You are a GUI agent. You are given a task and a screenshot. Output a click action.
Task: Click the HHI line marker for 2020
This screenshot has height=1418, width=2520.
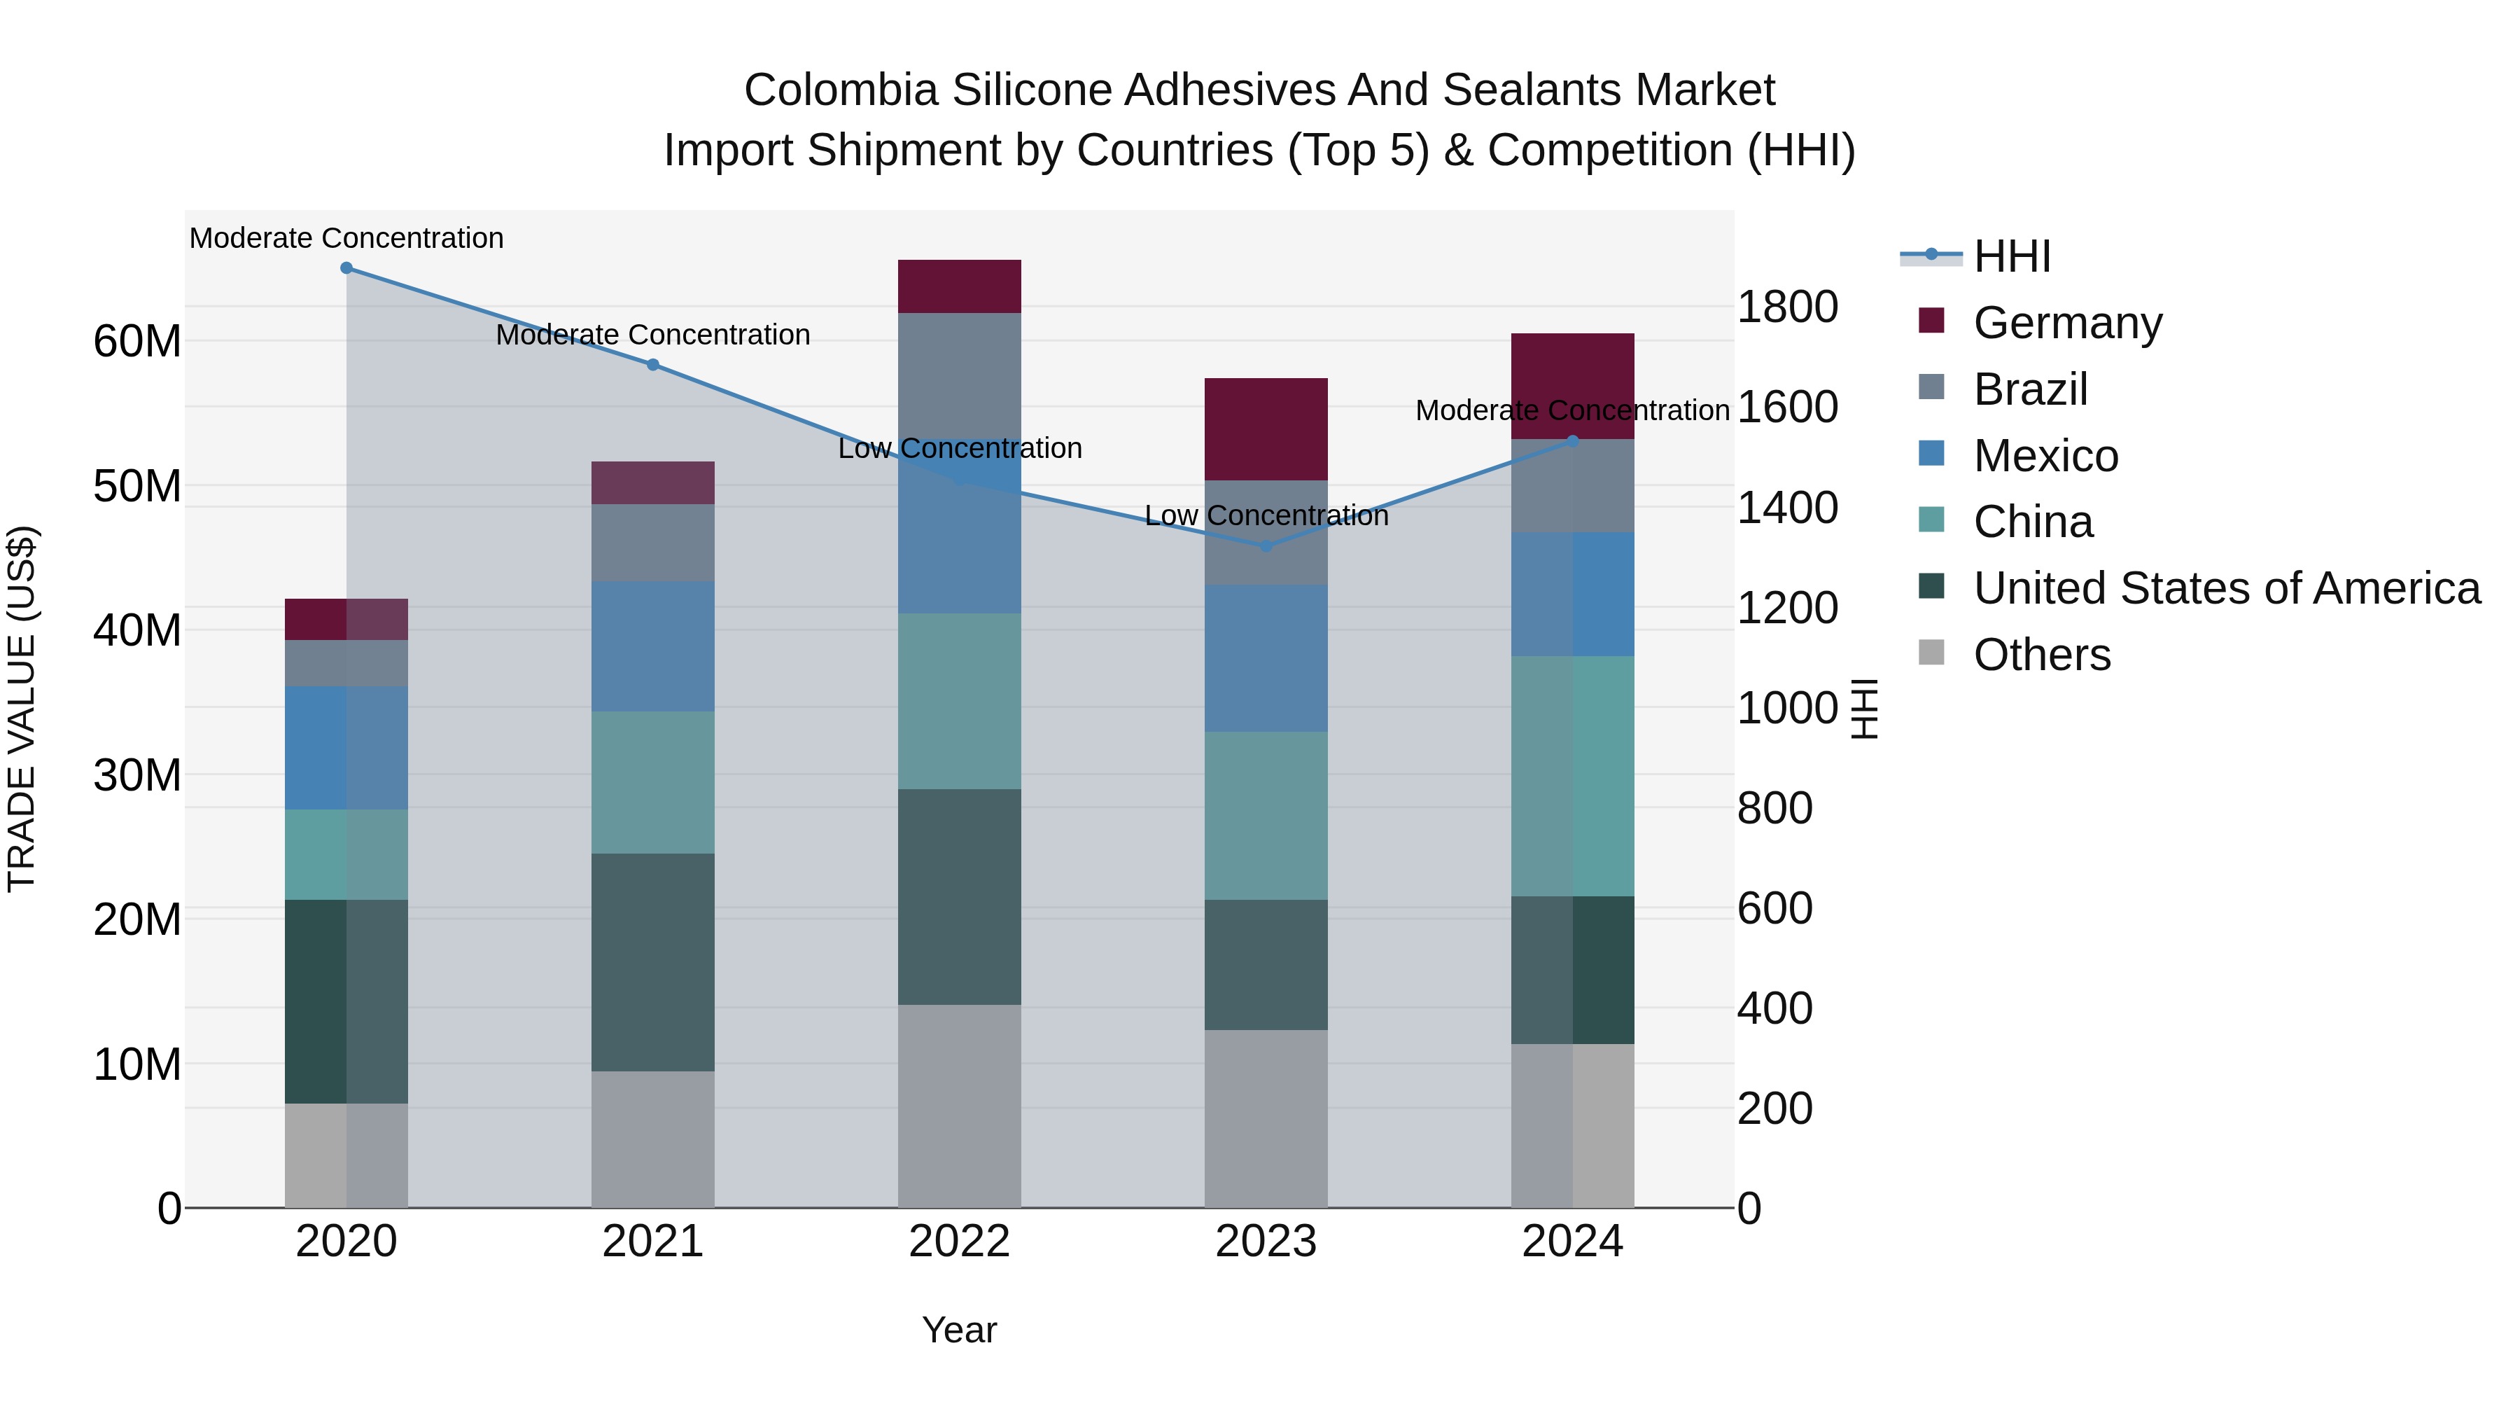tap(346, 268)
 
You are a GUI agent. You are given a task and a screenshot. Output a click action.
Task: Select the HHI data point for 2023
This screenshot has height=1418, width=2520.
tap(1266, 546)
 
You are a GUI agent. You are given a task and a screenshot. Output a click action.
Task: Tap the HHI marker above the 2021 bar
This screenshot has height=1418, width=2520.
tap(652, 365)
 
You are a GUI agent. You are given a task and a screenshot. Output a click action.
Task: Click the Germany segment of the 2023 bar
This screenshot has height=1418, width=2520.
tap(1266, 429)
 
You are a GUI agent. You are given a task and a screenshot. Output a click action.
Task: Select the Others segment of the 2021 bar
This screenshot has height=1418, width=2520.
tap(652, 1139)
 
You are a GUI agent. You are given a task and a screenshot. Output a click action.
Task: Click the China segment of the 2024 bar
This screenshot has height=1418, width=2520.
tap(1572, 776)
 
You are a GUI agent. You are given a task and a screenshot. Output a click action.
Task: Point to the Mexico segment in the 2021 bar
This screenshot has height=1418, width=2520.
tap(652, 646)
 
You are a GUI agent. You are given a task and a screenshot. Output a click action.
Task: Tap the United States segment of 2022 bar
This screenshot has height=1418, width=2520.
tap(960, 896)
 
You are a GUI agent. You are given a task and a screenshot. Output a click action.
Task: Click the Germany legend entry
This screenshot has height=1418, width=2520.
tap(2067, 323)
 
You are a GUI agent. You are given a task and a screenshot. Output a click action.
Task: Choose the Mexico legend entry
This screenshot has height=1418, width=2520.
tap(2045, 456)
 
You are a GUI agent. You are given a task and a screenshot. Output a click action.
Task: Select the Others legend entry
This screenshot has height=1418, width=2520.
tap(2042, 655)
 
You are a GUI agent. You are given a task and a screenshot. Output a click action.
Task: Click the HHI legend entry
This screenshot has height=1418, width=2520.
tap(2011, 256)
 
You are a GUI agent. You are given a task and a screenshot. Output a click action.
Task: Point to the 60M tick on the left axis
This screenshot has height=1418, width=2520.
tap(137, 342)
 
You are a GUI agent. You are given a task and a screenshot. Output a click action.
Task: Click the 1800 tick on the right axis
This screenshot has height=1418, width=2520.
tap(1786, 307)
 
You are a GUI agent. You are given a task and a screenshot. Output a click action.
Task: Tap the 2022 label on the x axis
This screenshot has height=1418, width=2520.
tap(960, 1242)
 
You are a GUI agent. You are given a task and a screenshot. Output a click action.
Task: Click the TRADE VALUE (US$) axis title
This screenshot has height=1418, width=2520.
tap(22, 709)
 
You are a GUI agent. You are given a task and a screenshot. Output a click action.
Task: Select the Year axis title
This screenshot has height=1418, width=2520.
tap(960, 1330)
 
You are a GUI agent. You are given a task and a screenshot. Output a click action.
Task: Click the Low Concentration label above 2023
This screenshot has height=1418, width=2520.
tap(1266, 515)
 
